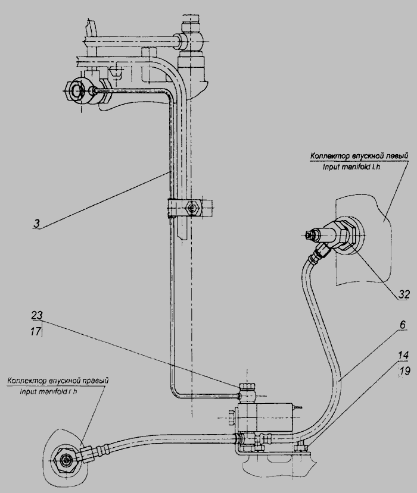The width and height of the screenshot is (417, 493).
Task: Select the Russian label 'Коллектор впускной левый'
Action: tap(359, 156)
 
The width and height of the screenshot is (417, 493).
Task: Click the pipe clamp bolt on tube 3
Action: tap(191, 208)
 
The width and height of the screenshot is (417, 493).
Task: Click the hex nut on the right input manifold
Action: tap(63, 459)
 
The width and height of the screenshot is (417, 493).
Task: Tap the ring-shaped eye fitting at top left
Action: tap(77, 91)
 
